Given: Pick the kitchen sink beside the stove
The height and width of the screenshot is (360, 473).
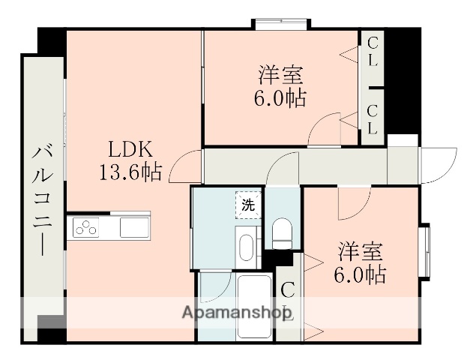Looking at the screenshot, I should tap(135, 227).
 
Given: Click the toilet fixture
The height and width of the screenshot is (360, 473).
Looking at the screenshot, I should tap(283, 233).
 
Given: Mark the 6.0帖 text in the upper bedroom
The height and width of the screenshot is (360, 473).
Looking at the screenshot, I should tap(279, 97).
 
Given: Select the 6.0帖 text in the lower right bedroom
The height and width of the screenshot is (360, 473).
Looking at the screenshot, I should tap(360, 275).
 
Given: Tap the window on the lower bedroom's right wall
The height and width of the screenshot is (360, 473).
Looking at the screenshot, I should tap(425, 249).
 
